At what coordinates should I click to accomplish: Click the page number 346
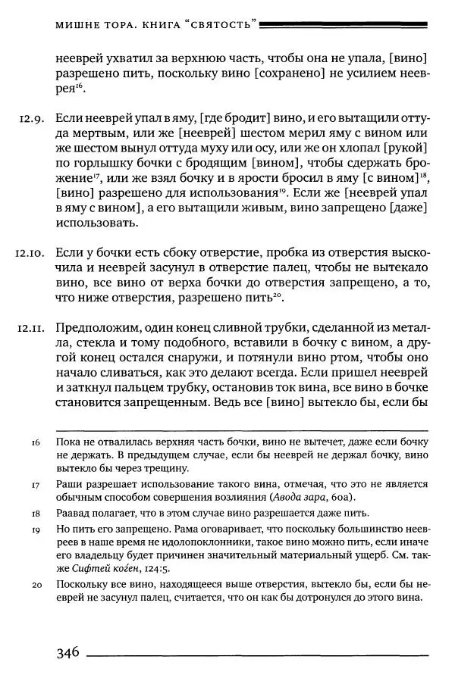(67, 654)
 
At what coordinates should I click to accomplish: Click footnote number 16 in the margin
(36, 441)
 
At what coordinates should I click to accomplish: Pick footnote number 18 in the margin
(36, 514)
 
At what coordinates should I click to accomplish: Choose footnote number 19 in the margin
(36, 531)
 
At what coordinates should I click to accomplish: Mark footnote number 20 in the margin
(36, 586)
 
